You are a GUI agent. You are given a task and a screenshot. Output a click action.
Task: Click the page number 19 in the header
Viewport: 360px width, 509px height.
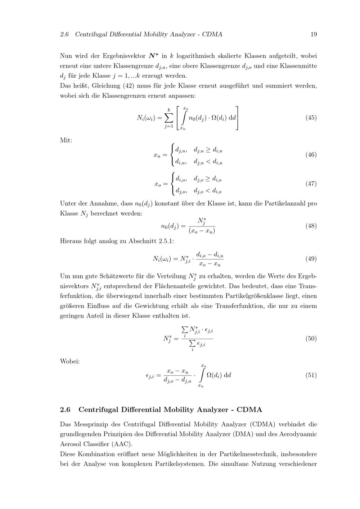pyautogui.click(x=313, y=35)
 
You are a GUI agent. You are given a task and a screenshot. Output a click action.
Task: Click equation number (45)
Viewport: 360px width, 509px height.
pyautogui.click(x=311, y=118)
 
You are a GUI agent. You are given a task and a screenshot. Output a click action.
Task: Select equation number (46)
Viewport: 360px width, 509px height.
pyautogui.click(x=311, y=155)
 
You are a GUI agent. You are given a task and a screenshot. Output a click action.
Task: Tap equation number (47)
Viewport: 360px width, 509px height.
pyautogui.click(x=311, y=184)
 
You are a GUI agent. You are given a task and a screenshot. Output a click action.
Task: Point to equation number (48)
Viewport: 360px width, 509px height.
pyautogui.click(x=311, y=226)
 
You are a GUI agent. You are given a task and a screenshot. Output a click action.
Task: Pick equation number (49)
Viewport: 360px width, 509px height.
pyautogui.click(x=311, y=259)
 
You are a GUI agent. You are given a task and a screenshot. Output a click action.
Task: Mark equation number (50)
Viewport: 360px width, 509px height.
pyautogui.click(x=311, y=338)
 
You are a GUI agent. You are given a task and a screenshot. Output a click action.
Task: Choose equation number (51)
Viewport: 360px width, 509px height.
pyautogui.click(x=311, y=375)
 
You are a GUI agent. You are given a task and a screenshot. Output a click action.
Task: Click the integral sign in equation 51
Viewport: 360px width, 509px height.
pyautogui.click(x=203, y=375)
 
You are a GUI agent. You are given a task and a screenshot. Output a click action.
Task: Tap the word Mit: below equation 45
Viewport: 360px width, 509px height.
pyautogui.click(x=66, y=140)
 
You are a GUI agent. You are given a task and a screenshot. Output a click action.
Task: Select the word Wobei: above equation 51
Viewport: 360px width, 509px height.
pyautogui.click(x=70, y=361)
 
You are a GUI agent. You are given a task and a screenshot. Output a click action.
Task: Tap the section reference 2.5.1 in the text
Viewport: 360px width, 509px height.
pyautogui.click(x=166, y=241)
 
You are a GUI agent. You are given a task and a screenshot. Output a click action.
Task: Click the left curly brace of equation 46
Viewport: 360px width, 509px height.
pyautogui.click(x=173, y=155)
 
